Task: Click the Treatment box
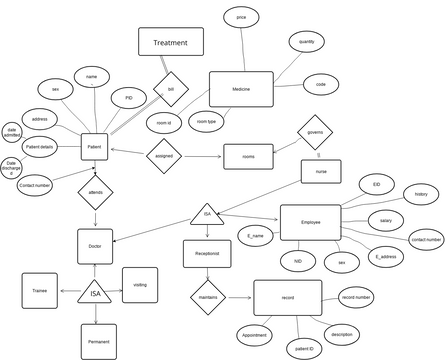pos(170,42)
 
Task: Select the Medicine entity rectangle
pos(240,90)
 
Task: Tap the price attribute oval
pos(241,18)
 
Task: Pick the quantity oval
pos(306,42)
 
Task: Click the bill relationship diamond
pos(170,89)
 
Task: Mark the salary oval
pos(385,219)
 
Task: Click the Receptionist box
pos(207,254)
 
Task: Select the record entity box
pos(287,297)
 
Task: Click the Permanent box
pos(98,341)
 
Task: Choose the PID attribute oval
pos(128,99)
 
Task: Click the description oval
pos(341,333)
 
